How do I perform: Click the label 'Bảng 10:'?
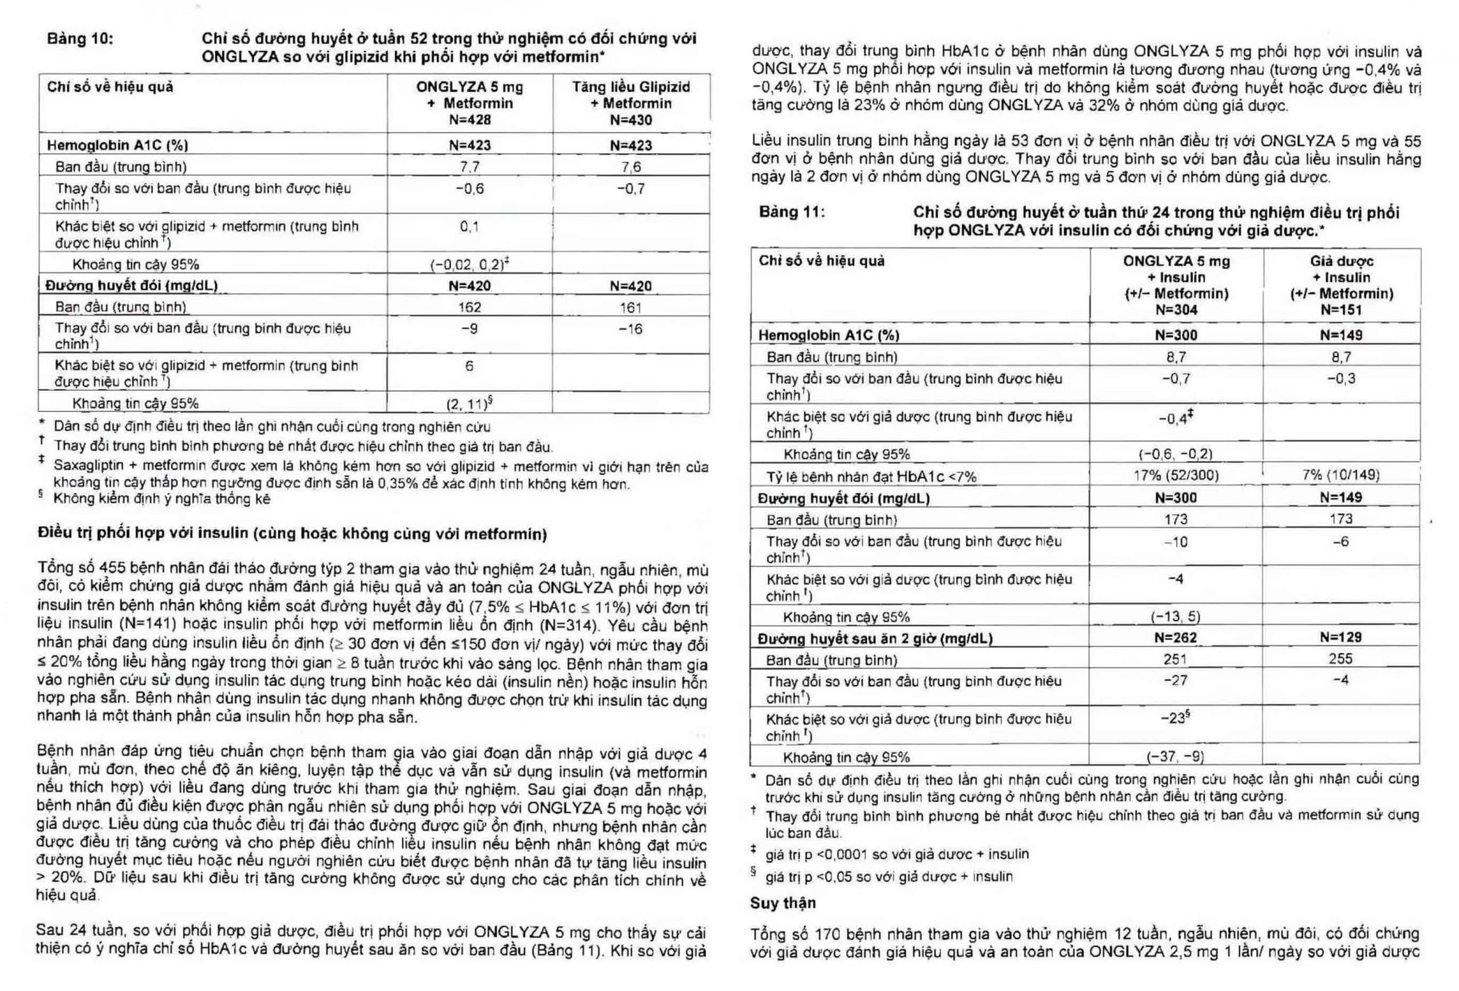pos(80,38)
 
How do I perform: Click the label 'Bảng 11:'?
pos(792,211)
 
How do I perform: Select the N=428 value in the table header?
pos(470,120)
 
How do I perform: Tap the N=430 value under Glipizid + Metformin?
pos(630,120)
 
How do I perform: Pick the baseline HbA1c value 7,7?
pos(470,167)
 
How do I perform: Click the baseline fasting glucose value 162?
pos(470,308)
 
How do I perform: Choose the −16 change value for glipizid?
pos(630,329)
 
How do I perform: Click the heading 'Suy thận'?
pos(783,903)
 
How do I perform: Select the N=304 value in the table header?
pos(1176,309)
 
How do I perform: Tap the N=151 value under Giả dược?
pos(1341,309)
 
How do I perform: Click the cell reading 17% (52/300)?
pos(1176,475)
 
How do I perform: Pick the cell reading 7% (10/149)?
pos(1341,475)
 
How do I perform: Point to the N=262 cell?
pos(1175,638)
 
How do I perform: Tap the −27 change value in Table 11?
pos(1175,680)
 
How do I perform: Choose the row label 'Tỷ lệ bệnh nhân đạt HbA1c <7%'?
pos(871,476)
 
